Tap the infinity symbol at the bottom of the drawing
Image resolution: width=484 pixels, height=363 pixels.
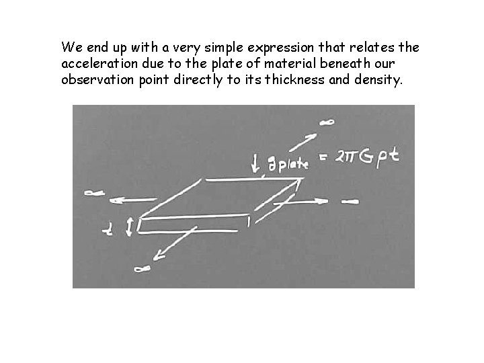pos(142,269)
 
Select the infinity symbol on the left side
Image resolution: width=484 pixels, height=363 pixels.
pos(93,193)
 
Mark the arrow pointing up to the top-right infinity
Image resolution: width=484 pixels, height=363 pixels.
pos(307,142)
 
